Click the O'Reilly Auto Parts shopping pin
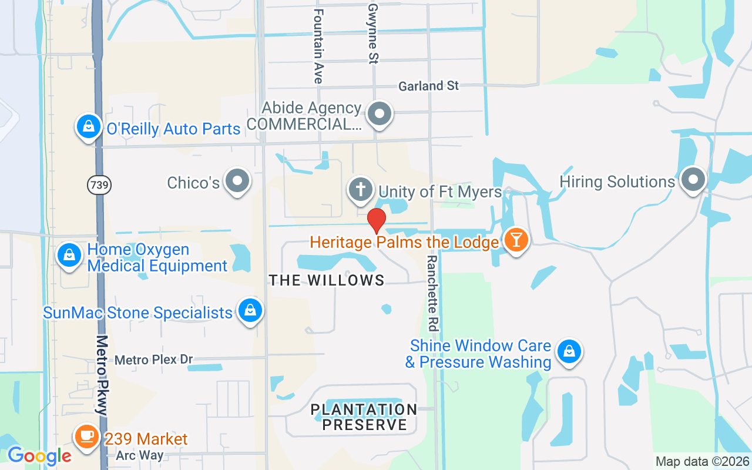pyautogui.click(x=88, y=127)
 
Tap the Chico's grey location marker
pyautogui.click(x=238, y=182)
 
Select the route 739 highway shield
pyautogui.click(x=99, y=185)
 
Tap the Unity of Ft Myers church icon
pyautogui.click(x=361, y=190)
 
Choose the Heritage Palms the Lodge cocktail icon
pyautogui.click(x=516, y=240)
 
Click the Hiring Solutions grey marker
pyautogui.click(x=693, y=179)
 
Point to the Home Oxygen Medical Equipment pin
pyautogui.click(x=69, y=256)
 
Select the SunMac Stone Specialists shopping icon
pyautogui.click(x=250, y=310)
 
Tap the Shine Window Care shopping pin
pyautogui.click(x=568, y=351)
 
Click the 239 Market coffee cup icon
pyautogui.click(x=87, y=437)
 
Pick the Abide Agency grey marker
pyautogui.click(x=379, y=113)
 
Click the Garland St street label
pyautogui.click(x=428, y=86)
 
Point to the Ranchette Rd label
pyautogui.click(x=433, y=293)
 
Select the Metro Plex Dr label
pyautogui.click(x=154, y=360)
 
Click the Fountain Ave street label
pyautogui.click(x=318, y=46)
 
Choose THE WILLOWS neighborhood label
pyautogui.click(x=327, y=280)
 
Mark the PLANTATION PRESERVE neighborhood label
pyautogui.click(x=364, y=417)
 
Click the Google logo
pyautogui.click(x=39, y=455)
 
